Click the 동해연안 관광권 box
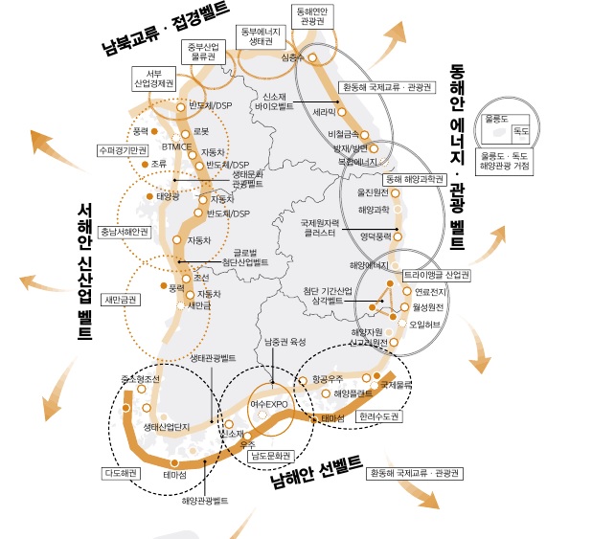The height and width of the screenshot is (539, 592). tap(314, 15)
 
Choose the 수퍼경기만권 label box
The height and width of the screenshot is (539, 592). tap(122, 151)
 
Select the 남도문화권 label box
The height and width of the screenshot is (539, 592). tap(269, 456)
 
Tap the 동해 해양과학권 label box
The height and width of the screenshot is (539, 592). tap(414, 179)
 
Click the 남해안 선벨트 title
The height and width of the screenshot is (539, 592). tap(316, 474)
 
